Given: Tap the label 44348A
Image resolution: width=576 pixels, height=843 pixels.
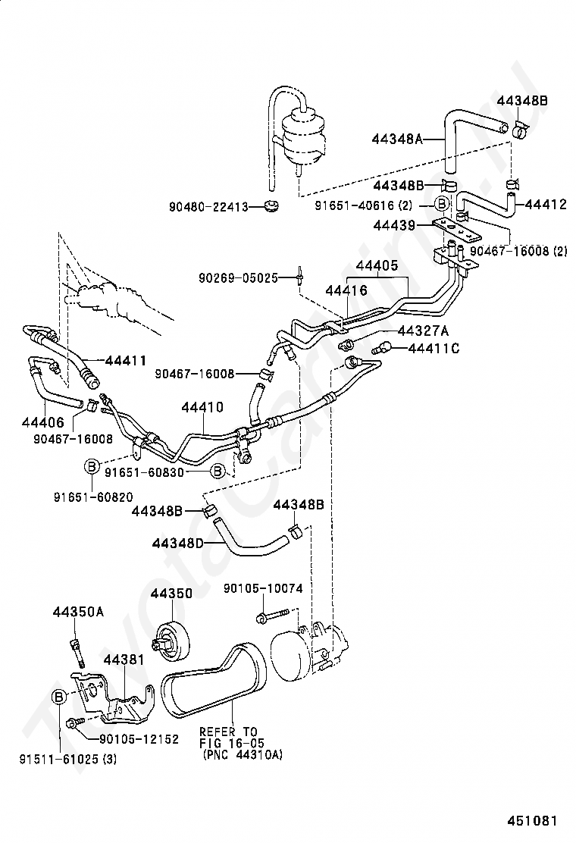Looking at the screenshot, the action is (x=397, y=139).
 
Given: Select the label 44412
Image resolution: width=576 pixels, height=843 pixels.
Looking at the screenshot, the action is (x=546, y=204).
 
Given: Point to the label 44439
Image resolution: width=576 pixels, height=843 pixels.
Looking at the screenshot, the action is (x=394, y=225).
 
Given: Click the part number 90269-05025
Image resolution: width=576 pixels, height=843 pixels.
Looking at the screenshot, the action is (x=239, y=278).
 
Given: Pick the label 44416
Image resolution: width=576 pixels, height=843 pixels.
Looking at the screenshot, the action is (x=346, y=290).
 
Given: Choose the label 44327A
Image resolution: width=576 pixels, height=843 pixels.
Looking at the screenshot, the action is (x=423, y=330).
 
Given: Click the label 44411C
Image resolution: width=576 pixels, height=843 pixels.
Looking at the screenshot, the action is (x=434, y=349).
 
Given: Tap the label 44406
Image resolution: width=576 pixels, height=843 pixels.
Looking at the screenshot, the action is (x=43, y=422).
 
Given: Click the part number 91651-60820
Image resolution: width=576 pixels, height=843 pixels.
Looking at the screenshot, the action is (x=93, y=497).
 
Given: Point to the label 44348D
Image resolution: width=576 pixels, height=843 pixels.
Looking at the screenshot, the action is (x=178, y=544).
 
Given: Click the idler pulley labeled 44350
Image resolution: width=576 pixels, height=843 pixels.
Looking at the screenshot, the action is (x=171, y=640).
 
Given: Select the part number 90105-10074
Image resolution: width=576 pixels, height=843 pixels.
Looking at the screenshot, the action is (x=263, y=589).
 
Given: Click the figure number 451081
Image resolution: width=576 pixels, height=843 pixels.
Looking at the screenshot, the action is (x=533, y=821).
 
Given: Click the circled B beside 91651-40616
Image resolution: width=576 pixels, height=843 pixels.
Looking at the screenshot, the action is (x=441, y=204).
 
